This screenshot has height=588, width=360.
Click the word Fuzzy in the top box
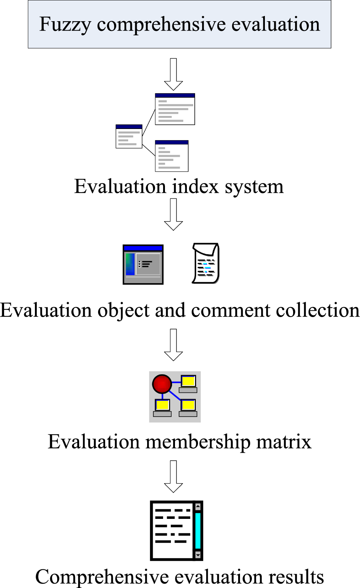[x=65, y=25]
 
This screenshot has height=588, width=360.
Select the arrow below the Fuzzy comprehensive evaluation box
[x=173, y=74]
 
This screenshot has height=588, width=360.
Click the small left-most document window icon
[x=129, y=136]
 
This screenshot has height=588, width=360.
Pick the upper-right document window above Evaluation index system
[x=175, y=109]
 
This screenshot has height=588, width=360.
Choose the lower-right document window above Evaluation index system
[x=172, y=156]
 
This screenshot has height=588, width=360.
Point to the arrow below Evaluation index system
[x=173, y=214]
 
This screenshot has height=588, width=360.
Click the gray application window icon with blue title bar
[x=143, y=264]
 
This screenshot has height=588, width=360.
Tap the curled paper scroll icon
[x=206, y=264]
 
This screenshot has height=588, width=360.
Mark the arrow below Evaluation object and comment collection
[x=173, y=345]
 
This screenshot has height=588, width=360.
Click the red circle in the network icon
[x=162, y=384]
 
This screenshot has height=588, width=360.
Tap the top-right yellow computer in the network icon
[x=188, y=384]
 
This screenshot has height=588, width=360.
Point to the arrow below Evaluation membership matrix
[x=173, y=476]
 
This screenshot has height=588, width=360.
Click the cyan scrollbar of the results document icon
[x=198, y=530]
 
